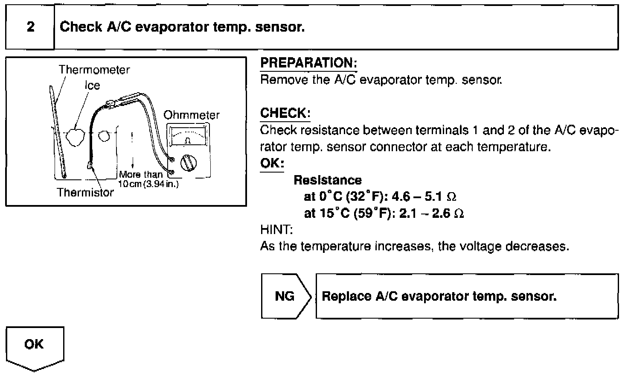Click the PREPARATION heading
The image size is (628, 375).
(308, 63)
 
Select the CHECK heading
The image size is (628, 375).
(285, 113)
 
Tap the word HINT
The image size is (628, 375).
(276, 230)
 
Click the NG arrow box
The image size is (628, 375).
(285, 296)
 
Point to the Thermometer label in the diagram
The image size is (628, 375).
(94, 70)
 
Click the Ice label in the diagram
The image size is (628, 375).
(92, 85)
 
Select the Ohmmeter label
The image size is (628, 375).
(192, 115)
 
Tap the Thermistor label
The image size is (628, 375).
(85, 192)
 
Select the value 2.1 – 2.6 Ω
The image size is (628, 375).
(431, 213)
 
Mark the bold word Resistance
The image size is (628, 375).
(328, 180)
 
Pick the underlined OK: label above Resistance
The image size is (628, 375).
(272, 164)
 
